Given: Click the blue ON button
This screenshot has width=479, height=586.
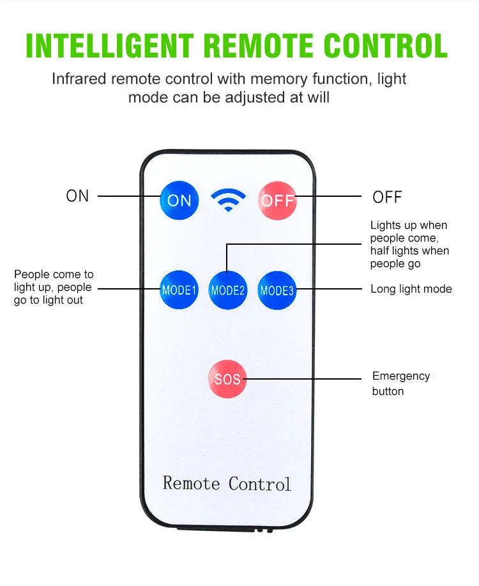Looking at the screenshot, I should click(179, 200).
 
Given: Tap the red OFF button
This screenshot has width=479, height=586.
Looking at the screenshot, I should click(277, 200).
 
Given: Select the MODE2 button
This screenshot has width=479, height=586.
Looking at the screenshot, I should click(228, 289).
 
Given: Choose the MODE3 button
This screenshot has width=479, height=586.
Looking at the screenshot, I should click(277, 289).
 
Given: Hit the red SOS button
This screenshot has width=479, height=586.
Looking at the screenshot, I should click(227, 379).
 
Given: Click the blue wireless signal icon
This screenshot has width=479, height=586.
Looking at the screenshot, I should click(228, 199).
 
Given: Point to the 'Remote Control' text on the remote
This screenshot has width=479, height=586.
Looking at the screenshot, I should click(227, 483).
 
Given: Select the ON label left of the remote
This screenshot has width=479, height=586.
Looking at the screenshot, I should click(77, 196).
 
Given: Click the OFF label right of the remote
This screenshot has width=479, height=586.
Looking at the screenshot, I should click(387, 197).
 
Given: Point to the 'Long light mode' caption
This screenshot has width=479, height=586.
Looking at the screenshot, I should click(411, 289).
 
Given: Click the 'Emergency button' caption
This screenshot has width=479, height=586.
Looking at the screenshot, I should click(400, 383).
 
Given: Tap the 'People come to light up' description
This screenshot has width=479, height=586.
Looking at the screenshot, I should click(54, 287).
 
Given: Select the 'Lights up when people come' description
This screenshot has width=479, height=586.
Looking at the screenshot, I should click(409, 244).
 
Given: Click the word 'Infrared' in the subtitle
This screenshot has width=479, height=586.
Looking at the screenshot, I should click(82, 79).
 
